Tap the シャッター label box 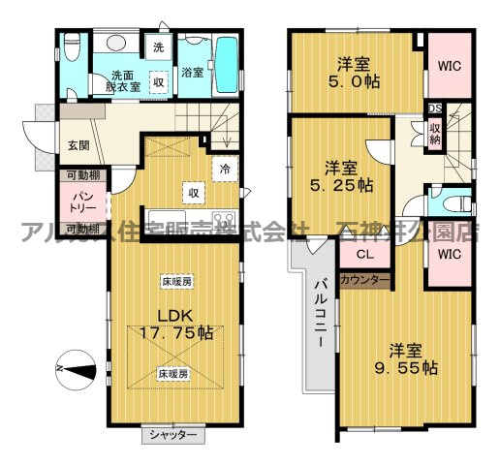173,435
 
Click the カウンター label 364,280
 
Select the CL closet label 364,255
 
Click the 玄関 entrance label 78,145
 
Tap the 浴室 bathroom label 191,73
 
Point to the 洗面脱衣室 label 124,80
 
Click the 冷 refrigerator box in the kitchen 225,167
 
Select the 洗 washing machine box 158,46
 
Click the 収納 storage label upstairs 437,132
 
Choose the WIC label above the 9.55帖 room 448,255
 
